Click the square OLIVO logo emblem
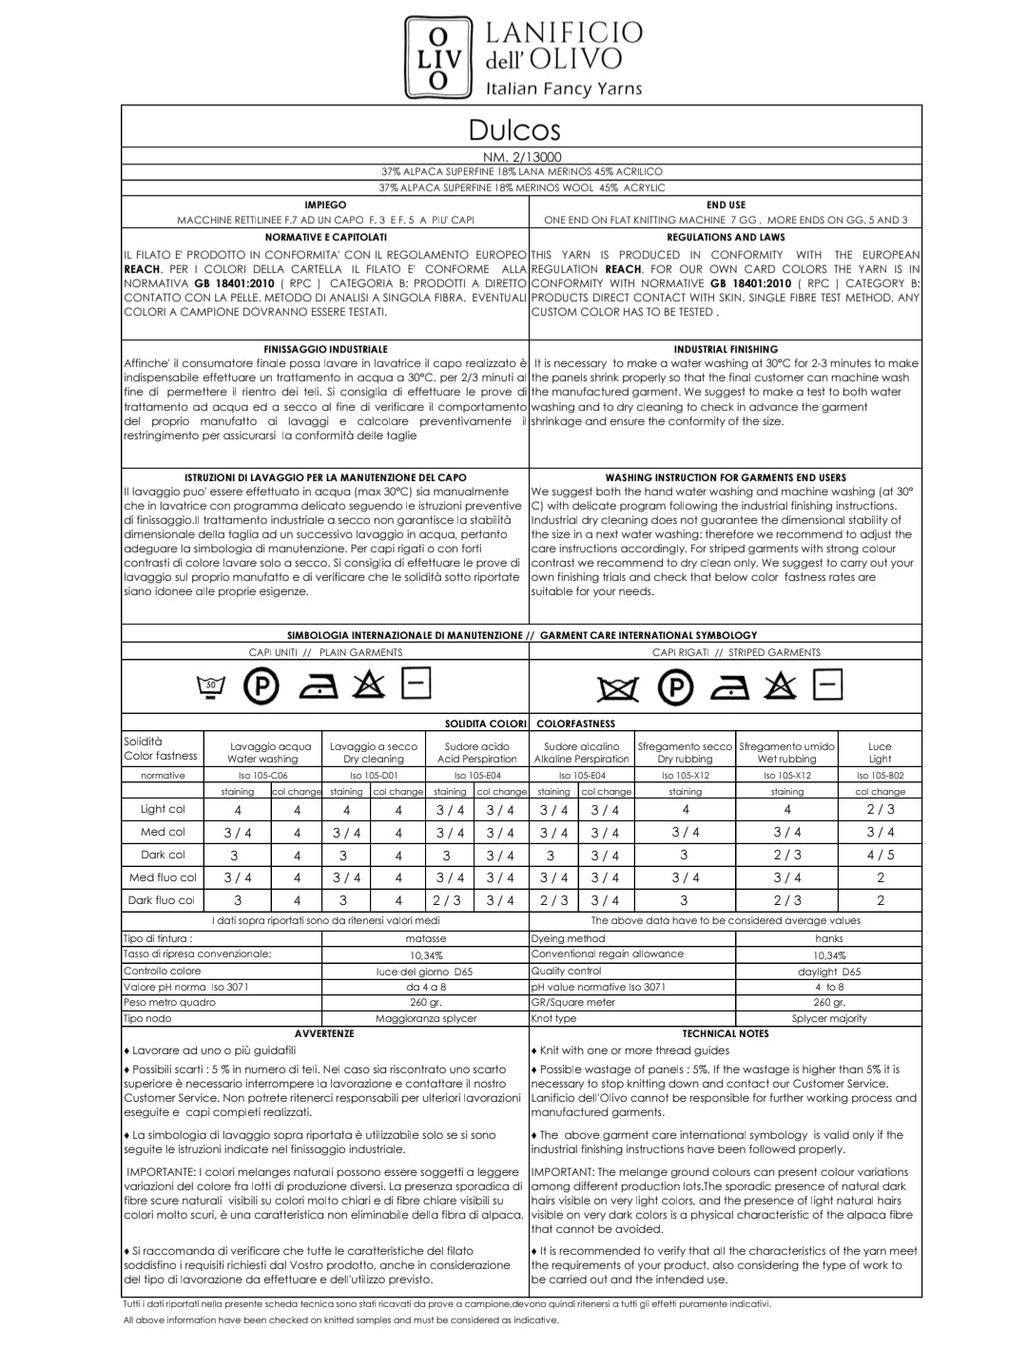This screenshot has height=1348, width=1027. pyautogui.click(x=438, y=58)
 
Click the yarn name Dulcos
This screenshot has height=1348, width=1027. pyautogui.click(x=514, y=129)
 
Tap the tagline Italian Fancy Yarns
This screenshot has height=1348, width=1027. pyautogui.click(x=564, y=89)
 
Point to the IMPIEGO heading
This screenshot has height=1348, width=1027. pyautogui.click(x=325, y=204)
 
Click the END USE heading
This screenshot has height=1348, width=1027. pyautogui.click(x=726, y=204)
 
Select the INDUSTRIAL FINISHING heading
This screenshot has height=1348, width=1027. pyautogui.click(x=726, y=349)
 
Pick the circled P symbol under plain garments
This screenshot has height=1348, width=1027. pyautogui.click(x=261, y=686)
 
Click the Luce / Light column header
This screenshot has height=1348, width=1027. pyautogui.click(x=880, y=752)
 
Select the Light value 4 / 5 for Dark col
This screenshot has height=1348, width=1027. pyautogui.click(x=880, y=855)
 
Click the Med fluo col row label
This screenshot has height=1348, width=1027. pyautogui.click(x=163, y=877)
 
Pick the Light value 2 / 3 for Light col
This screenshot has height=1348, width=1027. pyautogui.click(x=880, y=810)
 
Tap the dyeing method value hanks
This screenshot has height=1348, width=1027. pyautogui.click(x=829, y=938)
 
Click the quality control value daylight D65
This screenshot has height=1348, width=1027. pyautogui.click(x=829, y=972)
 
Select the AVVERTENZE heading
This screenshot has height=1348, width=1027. pyautogui.click(x=324, y=1033)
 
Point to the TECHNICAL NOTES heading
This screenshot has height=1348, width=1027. pyautogui.click(x=725, y=1033)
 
